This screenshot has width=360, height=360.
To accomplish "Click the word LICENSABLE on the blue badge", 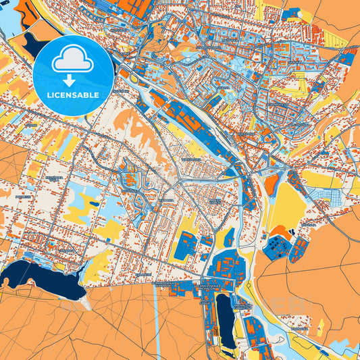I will [73, 95].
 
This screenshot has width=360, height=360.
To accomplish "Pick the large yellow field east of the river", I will [284, 203].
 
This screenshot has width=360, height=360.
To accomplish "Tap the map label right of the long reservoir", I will [241, 307].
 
